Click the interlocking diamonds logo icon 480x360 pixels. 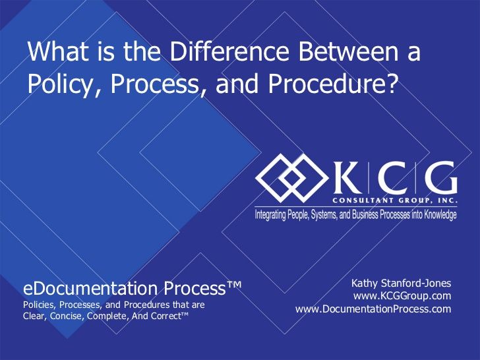pyautogui.click(x=291, y=178)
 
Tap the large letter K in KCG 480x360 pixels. pyautogui.click(x=347, y=177)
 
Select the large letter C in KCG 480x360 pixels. pyautogui.click(x=393, y=177)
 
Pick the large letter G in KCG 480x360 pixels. pyautogui.click(x=442, y=177)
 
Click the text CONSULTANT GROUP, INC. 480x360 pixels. pyautogui.click(x=395, y=200)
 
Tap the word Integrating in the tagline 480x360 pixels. pyautogui.click(x=270, y=214)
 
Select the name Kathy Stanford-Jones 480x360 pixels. pyautogui.click(x=401, y=283)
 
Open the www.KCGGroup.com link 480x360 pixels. pyautogui.click(x=402, y=296)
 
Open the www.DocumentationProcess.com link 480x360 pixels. pyautogui.click(x=373, y=309)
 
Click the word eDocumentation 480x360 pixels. pyautogui.click(x=90, y=289)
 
